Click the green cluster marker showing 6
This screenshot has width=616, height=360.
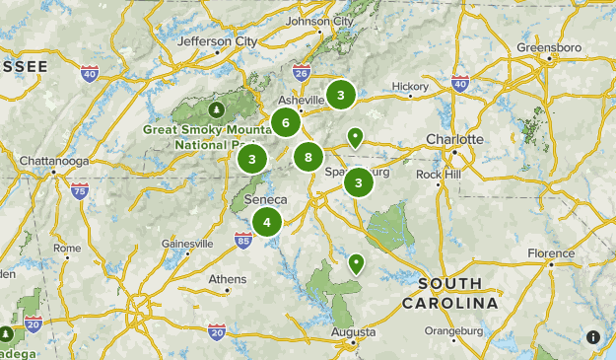286,123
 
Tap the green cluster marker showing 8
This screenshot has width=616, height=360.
308,156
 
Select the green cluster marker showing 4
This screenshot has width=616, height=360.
266,222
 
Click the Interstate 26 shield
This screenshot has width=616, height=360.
302,72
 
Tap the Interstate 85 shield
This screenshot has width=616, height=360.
242,239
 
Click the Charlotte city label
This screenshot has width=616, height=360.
454,139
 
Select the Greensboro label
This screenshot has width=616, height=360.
549,46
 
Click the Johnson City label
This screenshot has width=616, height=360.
318,21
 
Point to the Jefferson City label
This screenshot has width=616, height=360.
217,41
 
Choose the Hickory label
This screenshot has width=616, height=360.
410,86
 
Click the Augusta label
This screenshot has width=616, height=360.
354,332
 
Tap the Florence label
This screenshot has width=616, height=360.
550,253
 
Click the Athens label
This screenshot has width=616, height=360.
228,279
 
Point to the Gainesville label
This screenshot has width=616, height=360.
187,244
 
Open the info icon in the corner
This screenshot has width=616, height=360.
593,337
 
